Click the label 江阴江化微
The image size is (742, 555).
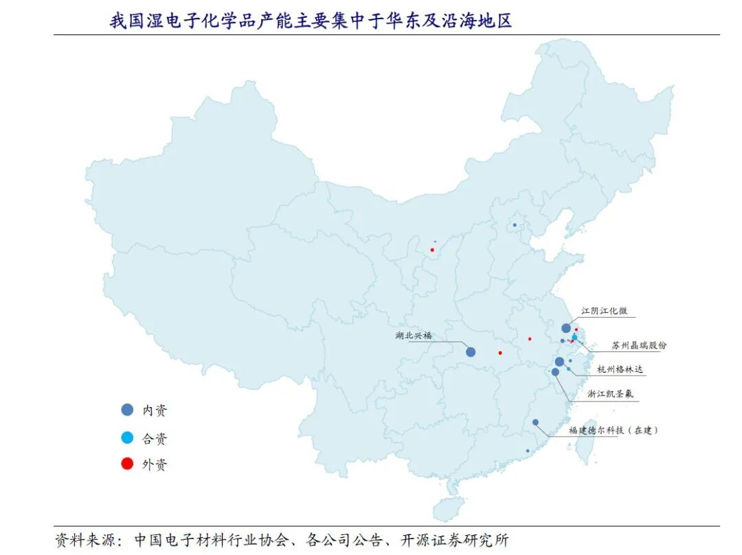pyautogui.click(x=604, y=311)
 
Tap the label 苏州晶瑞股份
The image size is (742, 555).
pyautogui.click(x=639, y=345)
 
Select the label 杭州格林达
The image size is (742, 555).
pyautogui.click(x=620, y=369)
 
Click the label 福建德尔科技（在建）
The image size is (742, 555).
pyautogui.click(x=613, y=431)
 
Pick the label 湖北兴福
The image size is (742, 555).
pyautogui.click(x=414, y=336)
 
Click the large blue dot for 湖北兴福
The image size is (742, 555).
pyautogui.click(x=471, y=351)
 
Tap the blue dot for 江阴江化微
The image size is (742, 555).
pyautogui.click(x=565, y=328)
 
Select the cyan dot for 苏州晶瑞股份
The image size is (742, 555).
pyautogui.click(x=574, y=337)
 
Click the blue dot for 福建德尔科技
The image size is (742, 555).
pyautogui.click(x=535, y=422)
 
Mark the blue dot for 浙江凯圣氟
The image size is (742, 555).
pyautogui.click(x=555, y=372)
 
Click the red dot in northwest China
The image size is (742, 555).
pyautogui.click(x=432, y=250)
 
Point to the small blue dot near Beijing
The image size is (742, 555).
pyautogui.click(x=515, y=225)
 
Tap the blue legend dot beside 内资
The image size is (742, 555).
pyautogui.click(x=127, y=410)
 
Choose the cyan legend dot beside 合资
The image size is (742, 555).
pyautogui.click(x=127, y=437)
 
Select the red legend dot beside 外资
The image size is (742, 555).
pyautogui.click(x=127, y=464)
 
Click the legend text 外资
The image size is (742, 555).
pyautogui.click(x=155, y=464)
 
